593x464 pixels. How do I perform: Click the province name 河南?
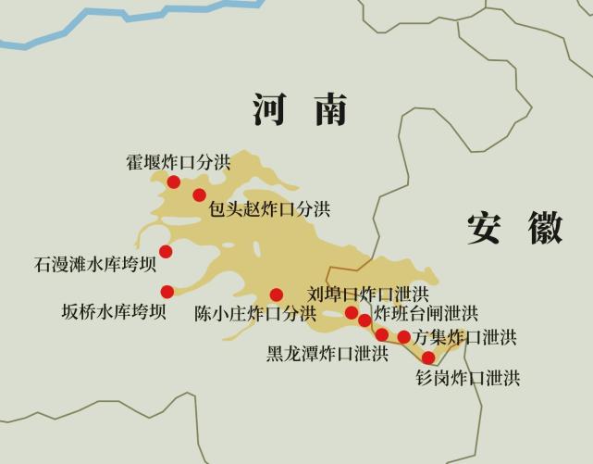click(300, 110)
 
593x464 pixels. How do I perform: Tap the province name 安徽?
click(514, 228)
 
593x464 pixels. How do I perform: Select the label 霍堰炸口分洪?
click(179, 162)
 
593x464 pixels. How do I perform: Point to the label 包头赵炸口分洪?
click(269, 209)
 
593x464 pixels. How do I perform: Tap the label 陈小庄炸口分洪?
click(255, 313)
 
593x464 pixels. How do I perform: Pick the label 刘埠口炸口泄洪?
click(368, 295)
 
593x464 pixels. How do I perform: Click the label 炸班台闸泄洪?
click(426, 314)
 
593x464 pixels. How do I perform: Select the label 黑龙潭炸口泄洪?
click(327, 354)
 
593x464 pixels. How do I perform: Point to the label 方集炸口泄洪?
click(465, 337)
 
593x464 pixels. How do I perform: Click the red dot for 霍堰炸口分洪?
click(173, 182)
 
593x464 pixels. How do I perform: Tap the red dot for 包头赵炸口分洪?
click(199, 194)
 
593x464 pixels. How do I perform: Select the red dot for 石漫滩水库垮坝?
click(166, 251)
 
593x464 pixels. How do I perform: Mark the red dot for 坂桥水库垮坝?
click(167, 292)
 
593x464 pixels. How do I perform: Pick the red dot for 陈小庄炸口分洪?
click(276, 295)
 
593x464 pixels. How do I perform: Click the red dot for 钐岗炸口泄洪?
click(427, 357)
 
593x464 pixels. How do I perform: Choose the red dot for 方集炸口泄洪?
click(403, 336)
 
